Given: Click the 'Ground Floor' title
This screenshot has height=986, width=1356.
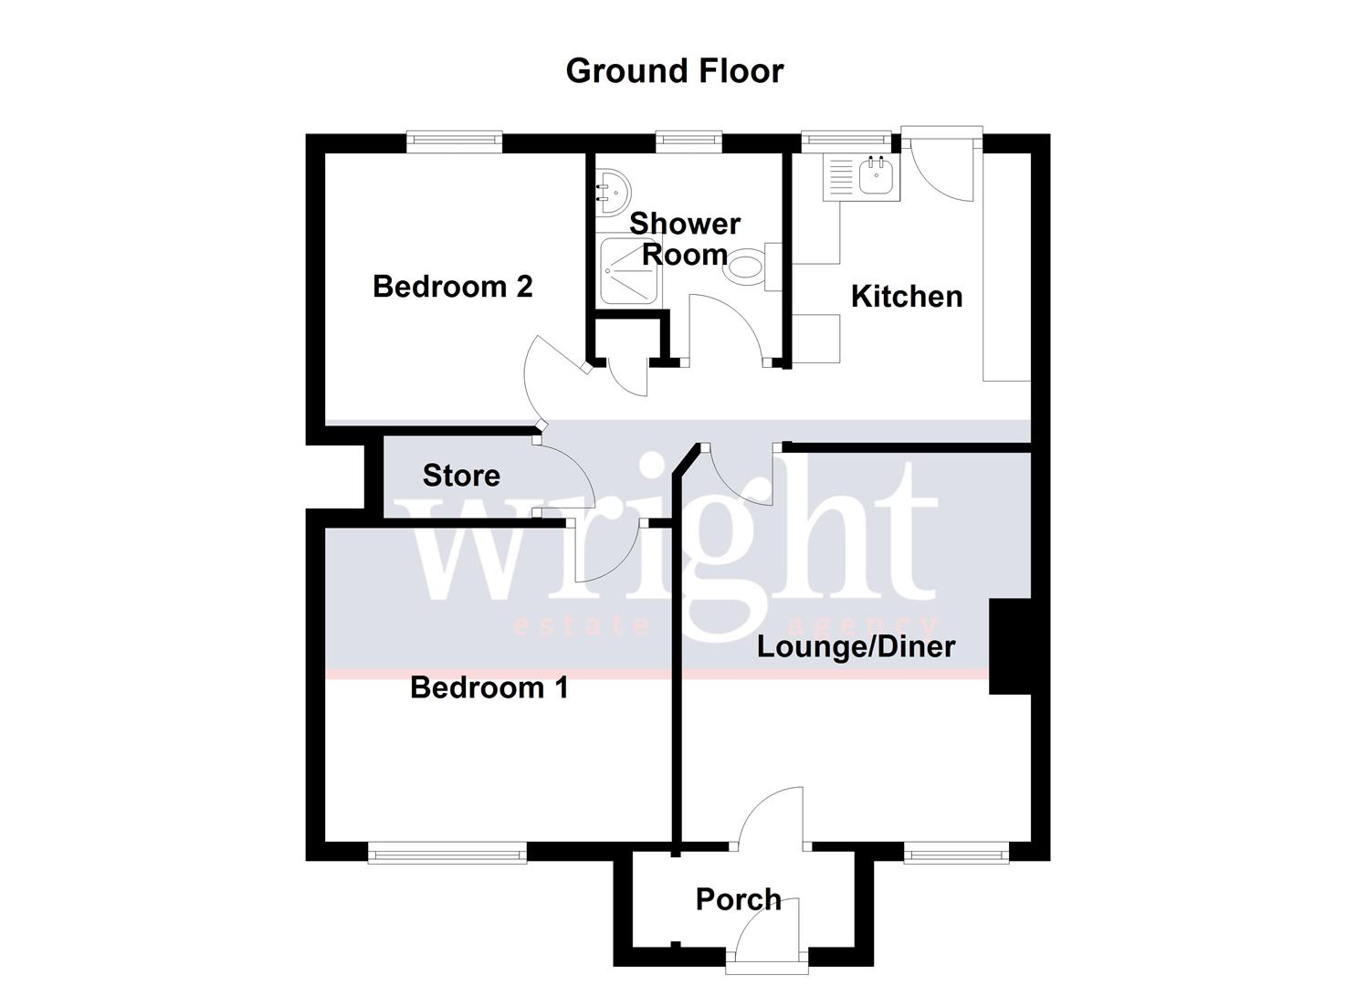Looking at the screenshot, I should [674, 71].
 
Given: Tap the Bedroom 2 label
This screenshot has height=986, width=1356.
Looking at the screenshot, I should [452, 287].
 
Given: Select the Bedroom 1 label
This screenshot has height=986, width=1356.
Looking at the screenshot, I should [489, 687].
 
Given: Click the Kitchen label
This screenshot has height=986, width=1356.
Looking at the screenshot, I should [906, 297].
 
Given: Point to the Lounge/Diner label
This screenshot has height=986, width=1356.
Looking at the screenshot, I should [856, 647].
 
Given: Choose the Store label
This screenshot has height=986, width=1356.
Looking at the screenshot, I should [461, 476].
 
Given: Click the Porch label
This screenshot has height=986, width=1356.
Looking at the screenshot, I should [738, 899].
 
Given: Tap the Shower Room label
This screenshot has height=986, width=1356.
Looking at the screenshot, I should [685, 238].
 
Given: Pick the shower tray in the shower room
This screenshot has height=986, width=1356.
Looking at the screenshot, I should [629, 271].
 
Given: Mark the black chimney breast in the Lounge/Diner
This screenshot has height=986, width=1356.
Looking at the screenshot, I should [1010, 646].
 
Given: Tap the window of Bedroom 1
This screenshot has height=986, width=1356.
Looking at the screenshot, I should [447, 854].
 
